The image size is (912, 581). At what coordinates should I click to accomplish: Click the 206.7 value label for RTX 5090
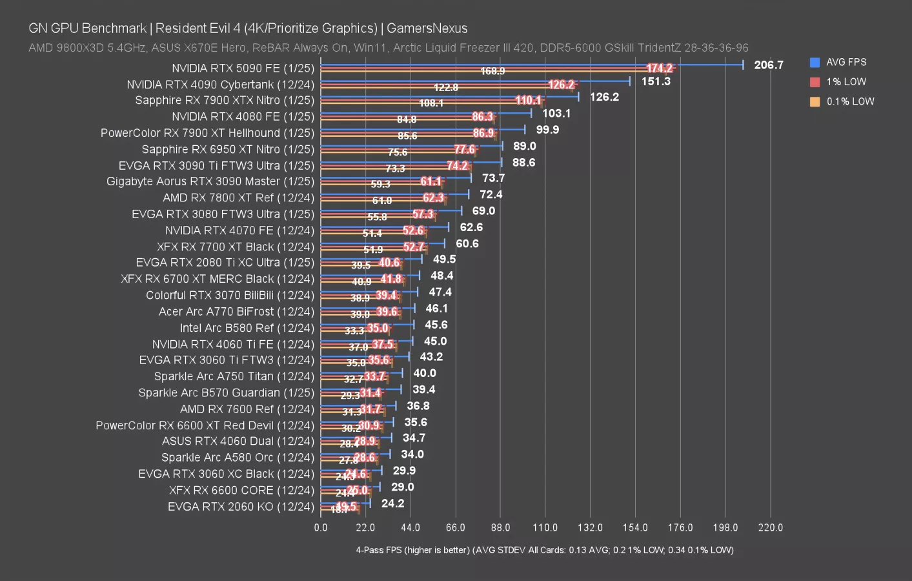tap(768, 65)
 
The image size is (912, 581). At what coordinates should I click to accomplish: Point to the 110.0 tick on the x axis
tap(545, 527)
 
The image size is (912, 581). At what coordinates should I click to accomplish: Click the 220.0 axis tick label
tap(770, 527)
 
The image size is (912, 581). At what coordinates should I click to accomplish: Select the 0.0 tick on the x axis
tap(321, 527)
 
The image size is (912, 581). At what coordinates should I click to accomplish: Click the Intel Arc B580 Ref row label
tap(247, 328)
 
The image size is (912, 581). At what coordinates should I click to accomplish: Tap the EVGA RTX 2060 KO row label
tap(241, 507)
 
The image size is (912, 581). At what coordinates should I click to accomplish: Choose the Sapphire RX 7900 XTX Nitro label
tap(224, 100)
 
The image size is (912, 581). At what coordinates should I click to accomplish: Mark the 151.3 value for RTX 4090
tap(656, 81)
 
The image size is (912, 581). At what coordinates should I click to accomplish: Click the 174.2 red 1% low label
tap(659, 68)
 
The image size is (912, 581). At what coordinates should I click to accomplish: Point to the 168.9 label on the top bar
tap(492, 71)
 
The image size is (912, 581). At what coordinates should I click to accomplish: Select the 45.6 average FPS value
tap(436, 325)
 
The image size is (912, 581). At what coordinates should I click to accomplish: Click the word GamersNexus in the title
tap(427, 28)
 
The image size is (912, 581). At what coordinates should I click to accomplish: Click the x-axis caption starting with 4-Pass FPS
tap(544, 550)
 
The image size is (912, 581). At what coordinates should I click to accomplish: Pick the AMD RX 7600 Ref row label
tap(247, 409)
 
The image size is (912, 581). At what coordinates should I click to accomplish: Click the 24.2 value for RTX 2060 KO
tap(392, 504)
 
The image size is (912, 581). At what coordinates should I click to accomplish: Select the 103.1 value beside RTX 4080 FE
tap(556, 114)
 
